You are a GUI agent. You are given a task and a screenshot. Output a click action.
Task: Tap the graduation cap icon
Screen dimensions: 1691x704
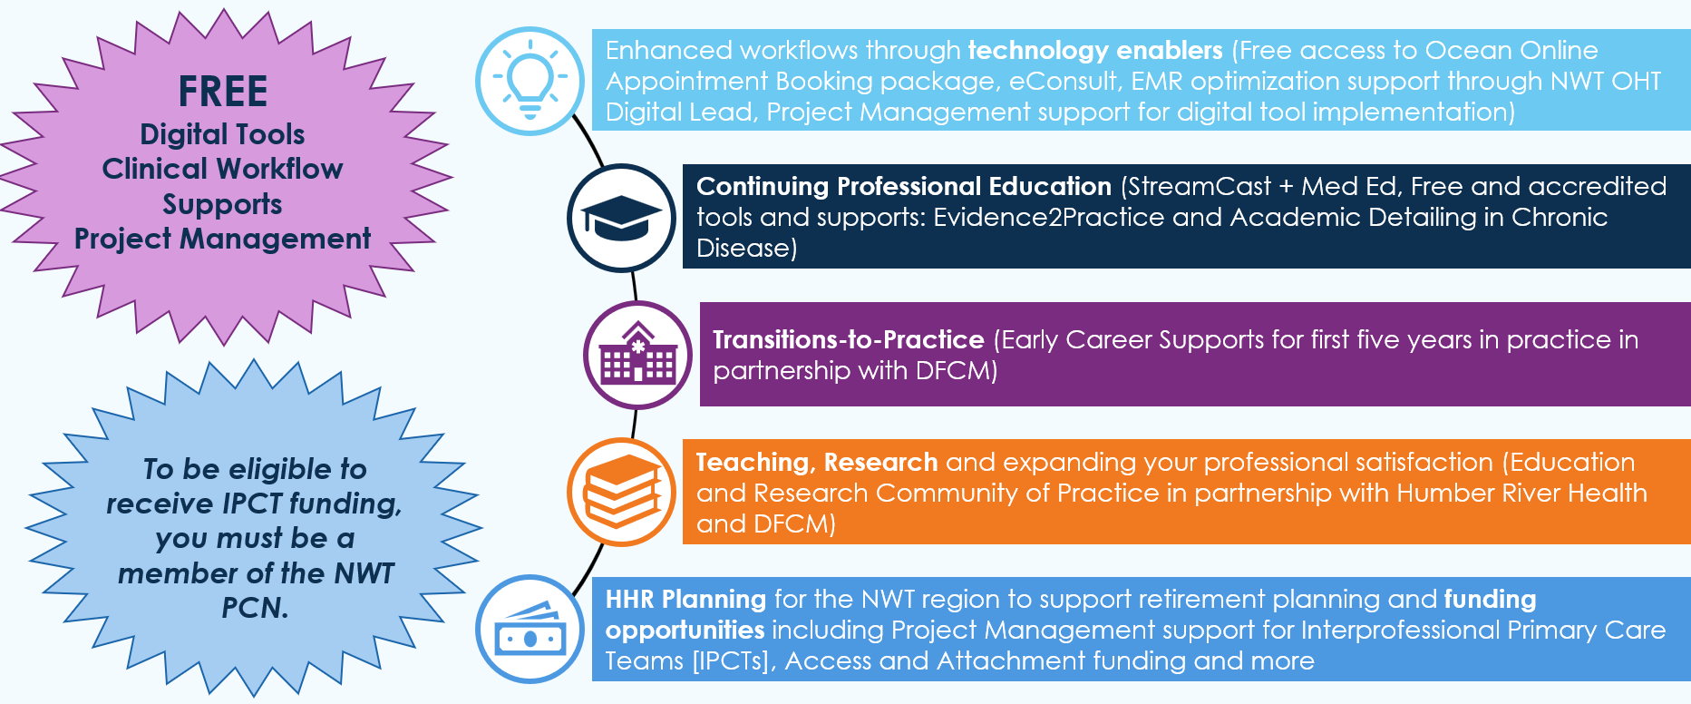[x=621, y=218]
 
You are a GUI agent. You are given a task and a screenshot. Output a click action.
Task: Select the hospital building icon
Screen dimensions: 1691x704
[x=638, y=355]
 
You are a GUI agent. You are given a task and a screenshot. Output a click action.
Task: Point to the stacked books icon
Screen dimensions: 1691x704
[x=621, y=492]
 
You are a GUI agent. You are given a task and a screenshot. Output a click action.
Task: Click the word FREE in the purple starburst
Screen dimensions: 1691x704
[x=223, y=92]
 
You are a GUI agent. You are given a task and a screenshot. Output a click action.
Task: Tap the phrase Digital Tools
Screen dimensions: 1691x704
[x=222, y=134]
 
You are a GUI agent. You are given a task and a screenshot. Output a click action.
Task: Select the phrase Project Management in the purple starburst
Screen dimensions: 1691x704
[x=222, y=239]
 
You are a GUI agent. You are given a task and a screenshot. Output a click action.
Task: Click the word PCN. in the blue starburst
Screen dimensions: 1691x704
[x=255, y=608]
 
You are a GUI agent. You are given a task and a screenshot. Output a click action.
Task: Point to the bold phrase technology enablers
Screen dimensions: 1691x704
[x=1095, y=50]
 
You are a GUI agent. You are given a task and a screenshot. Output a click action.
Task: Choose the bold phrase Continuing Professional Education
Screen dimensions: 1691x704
[x=904, y=187]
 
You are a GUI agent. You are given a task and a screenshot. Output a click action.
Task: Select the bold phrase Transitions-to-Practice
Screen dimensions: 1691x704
[x=849, y=340]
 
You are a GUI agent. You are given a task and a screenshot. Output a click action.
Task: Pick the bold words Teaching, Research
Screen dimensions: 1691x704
[x=817, y=463]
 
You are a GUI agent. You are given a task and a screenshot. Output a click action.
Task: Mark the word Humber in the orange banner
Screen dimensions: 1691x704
[x=1444, y=494]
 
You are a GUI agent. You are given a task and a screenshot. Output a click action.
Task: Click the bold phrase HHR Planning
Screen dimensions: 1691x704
[x=686, y=600]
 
